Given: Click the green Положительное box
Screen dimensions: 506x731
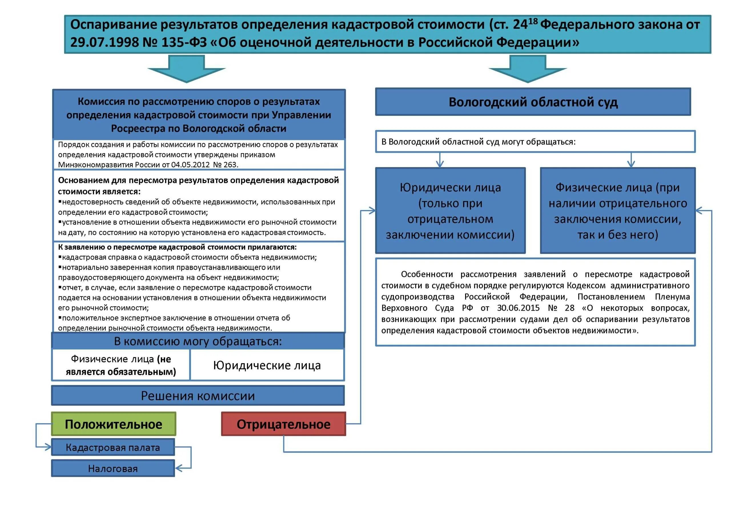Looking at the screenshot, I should (113, 424).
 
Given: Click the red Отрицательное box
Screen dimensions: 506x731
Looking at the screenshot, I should (283, 424).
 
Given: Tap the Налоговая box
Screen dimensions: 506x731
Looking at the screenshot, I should (113, 468).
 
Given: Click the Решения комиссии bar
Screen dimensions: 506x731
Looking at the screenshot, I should (198, 396).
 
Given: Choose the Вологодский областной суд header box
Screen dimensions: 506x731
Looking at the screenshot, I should (533, 102).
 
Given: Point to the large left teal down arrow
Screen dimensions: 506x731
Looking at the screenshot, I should (186, 69).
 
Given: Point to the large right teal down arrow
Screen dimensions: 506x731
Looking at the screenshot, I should (527, 69).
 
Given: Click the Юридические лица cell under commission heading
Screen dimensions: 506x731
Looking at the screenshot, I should (267, 365).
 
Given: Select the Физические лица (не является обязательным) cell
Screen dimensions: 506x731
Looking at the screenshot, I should (121, 365).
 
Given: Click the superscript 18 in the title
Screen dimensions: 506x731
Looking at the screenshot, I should (533, 21).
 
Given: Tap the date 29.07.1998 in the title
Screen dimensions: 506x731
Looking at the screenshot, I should (104, 42).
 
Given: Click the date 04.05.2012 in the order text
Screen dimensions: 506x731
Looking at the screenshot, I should (190, 165).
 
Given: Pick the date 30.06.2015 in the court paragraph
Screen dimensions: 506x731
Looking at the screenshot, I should (518, 308).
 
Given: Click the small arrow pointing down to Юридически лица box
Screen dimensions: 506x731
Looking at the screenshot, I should (440, 164).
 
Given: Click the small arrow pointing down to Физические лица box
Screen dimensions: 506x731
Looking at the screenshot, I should (631, 164).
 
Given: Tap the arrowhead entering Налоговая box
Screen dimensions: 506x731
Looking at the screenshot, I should (178, 468).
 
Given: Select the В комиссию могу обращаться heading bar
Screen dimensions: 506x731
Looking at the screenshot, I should (198, 341).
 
